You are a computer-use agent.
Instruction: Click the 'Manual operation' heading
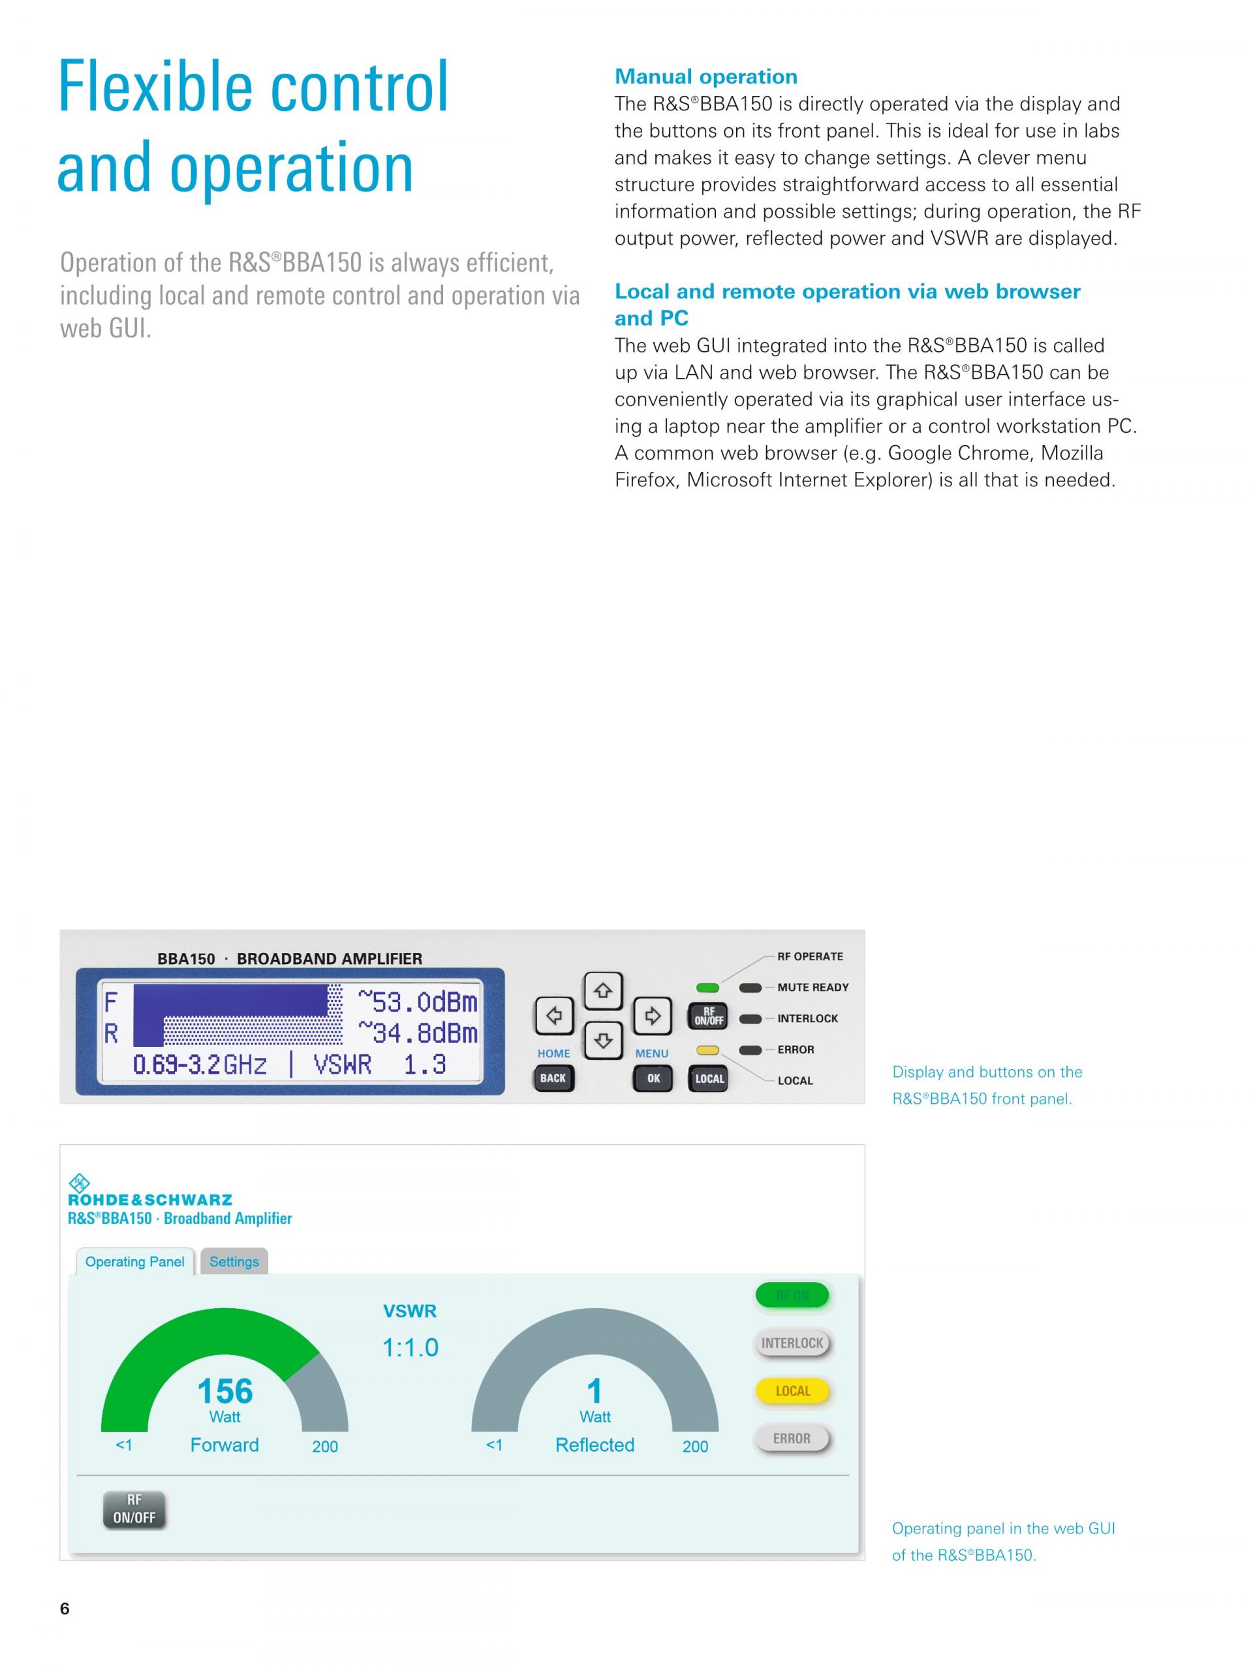[705, 76]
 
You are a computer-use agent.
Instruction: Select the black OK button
[653, 1078]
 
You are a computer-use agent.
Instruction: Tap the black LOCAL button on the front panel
[709, 1078]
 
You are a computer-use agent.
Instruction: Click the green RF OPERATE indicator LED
[707, 988]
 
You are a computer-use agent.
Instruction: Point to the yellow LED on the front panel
[707, 1050]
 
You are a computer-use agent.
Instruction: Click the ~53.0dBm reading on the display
[418, 1003]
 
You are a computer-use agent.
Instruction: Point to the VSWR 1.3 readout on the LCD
[379, 1065]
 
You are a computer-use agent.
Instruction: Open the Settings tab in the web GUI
[234, 1262]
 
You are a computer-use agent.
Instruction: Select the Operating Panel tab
[134, 1262]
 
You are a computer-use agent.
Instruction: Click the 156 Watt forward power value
[224, 1392]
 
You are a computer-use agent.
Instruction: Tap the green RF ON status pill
[792, 1296]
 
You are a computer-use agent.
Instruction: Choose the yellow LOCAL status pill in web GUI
[792, 1391]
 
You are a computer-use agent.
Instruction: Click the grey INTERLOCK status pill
[792, 1343]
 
